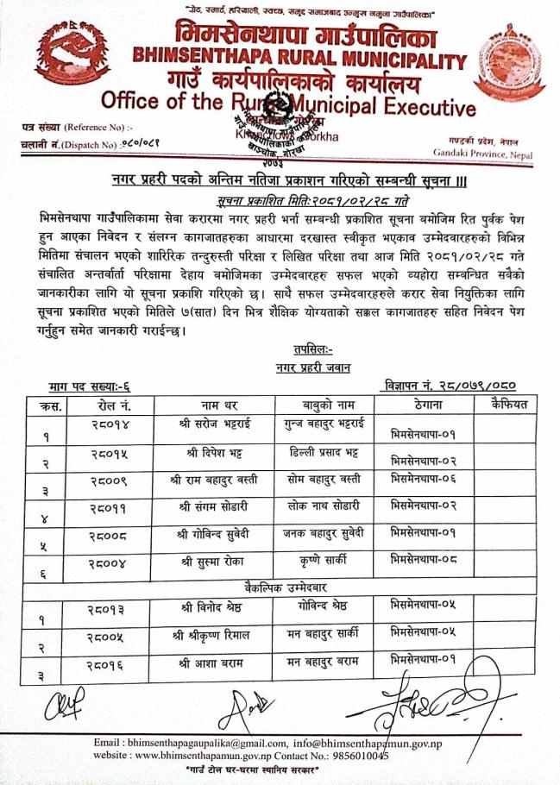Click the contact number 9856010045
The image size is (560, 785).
point(353,757)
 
